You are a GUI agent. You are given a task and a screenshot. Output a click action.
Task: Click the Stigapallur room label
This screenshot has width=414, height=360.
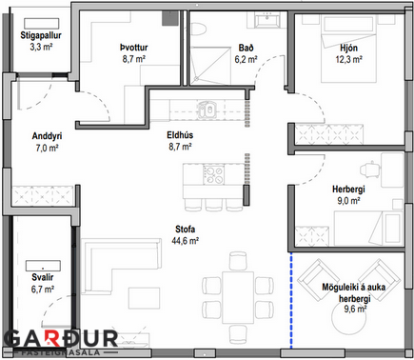41,35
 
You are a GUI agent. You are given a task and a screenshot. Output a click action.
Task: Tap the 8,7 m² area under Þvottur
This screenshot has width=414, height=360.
134,59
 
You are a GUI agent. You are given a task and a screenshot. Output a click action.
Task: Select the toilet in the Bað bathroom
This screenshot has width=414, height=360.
199,29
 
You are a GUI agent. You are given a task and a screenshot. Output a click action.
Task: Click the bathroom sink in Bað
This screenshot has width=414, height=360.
267,20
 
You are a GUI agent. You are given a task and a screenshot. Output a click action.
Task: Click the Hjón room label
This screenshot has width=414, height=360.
348,48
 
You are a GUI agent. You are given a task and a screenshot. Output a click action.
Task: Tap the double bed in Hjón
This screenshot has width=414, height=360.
348,49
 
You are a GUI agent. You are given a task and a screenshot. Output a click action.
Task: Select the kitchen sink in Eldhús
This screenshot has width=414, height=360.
207,110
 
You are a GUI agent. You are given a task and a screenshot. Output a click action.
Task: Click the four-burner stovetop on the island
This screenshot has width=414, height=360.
213,174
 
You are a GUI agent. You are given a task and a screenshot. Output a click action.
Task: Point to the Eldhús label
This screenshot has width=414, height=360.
180,135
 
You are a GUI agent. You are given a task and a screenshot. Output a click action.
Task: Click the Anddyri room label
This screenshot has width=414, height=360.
47,136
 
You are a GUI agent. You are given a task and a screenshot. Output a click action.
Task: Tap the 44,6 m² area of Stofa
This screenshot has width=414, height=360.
186,241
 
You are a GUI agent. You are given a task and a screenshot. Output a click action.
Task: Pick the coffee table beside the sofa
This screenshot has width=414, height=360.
144,298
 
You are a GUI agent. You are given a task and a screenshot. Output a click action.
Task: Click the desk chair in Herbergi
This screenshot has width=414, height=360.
370,170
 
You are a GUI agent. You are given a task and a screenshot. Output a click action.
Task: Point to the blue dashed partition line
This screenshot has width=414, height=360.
291,300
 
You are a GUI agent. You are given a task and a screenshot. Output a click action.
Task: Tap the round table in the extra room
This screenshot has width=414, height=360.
349,318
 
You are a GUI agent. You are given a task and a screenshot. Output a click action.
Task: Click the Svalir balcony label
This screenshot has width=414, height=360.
43,277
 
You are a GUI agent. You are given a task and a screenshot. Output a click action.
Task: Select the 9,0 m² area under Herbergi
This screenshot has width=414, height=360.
348,201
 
